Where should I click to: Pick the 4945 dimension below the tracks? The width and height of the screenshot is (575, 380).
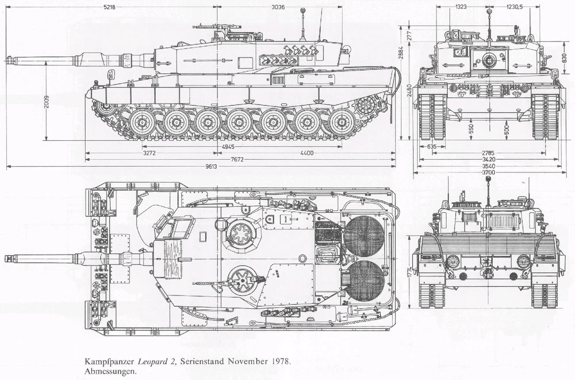[x=228, y=147]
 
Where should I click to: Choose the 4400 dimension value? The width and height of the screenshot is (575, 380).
[x=307, y=153]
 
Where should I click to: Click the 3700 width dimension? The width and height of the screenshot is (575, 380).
[x=489, y=172]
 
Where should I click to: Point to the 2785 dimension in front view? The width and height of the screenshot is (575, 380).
[x=489, y=153]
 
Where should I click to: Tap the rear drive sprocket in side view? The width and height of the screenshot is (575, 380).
[x=366, y=106]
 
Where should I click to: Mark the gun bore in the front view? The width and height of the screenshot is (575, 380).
[x=490, y=57]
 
